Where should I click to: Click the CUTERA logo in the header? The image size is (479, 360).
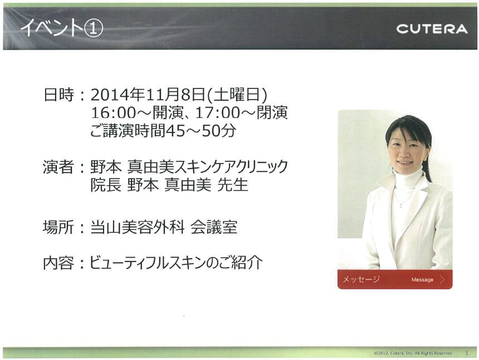pyautogui.click(x=432, y=29)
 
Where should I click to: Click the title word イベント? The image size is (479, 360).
pyautogui.click(x=52, y=28)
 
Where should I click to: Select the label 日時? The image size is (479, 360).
pyautogui.click(x=58, y=95)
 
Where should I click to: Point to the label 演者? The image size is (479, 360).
pyautogui.click(x=58, y=167)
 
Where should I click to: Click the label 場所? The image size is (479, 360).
pyautogui.click(x=58, y=227)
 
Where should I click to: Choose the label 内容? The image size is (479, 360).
pyautogui.click(x=58, y=263)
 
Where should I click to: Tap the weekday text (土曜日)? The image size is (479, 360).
pyautogui.click(x=237, y=95)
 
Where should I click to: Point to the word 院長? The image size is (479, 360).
pyautogui.click(x=106, y=185)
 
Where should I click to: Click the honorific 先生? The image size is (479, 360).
pyautogui.click(x=232, y=185)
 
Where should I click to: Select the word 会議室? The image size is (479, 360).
pyautogui.click(x=214, y=227)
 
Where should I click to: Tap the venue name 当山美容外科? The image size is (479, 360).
pyautogui.click(x=138, y=227)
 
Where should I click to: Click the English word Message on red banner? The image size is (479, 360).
pyautogui.click(x=422, y=279)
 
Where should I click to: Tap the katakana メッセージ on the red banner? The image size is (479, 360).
pyautogui.click(x=361, y=279)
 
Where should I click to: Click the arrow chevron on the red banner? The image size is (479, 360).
pyautogui.click(x=442, y=279)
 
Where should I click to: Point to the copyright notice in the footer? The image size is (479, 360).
pyautogui.click(x=413, y=353)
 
